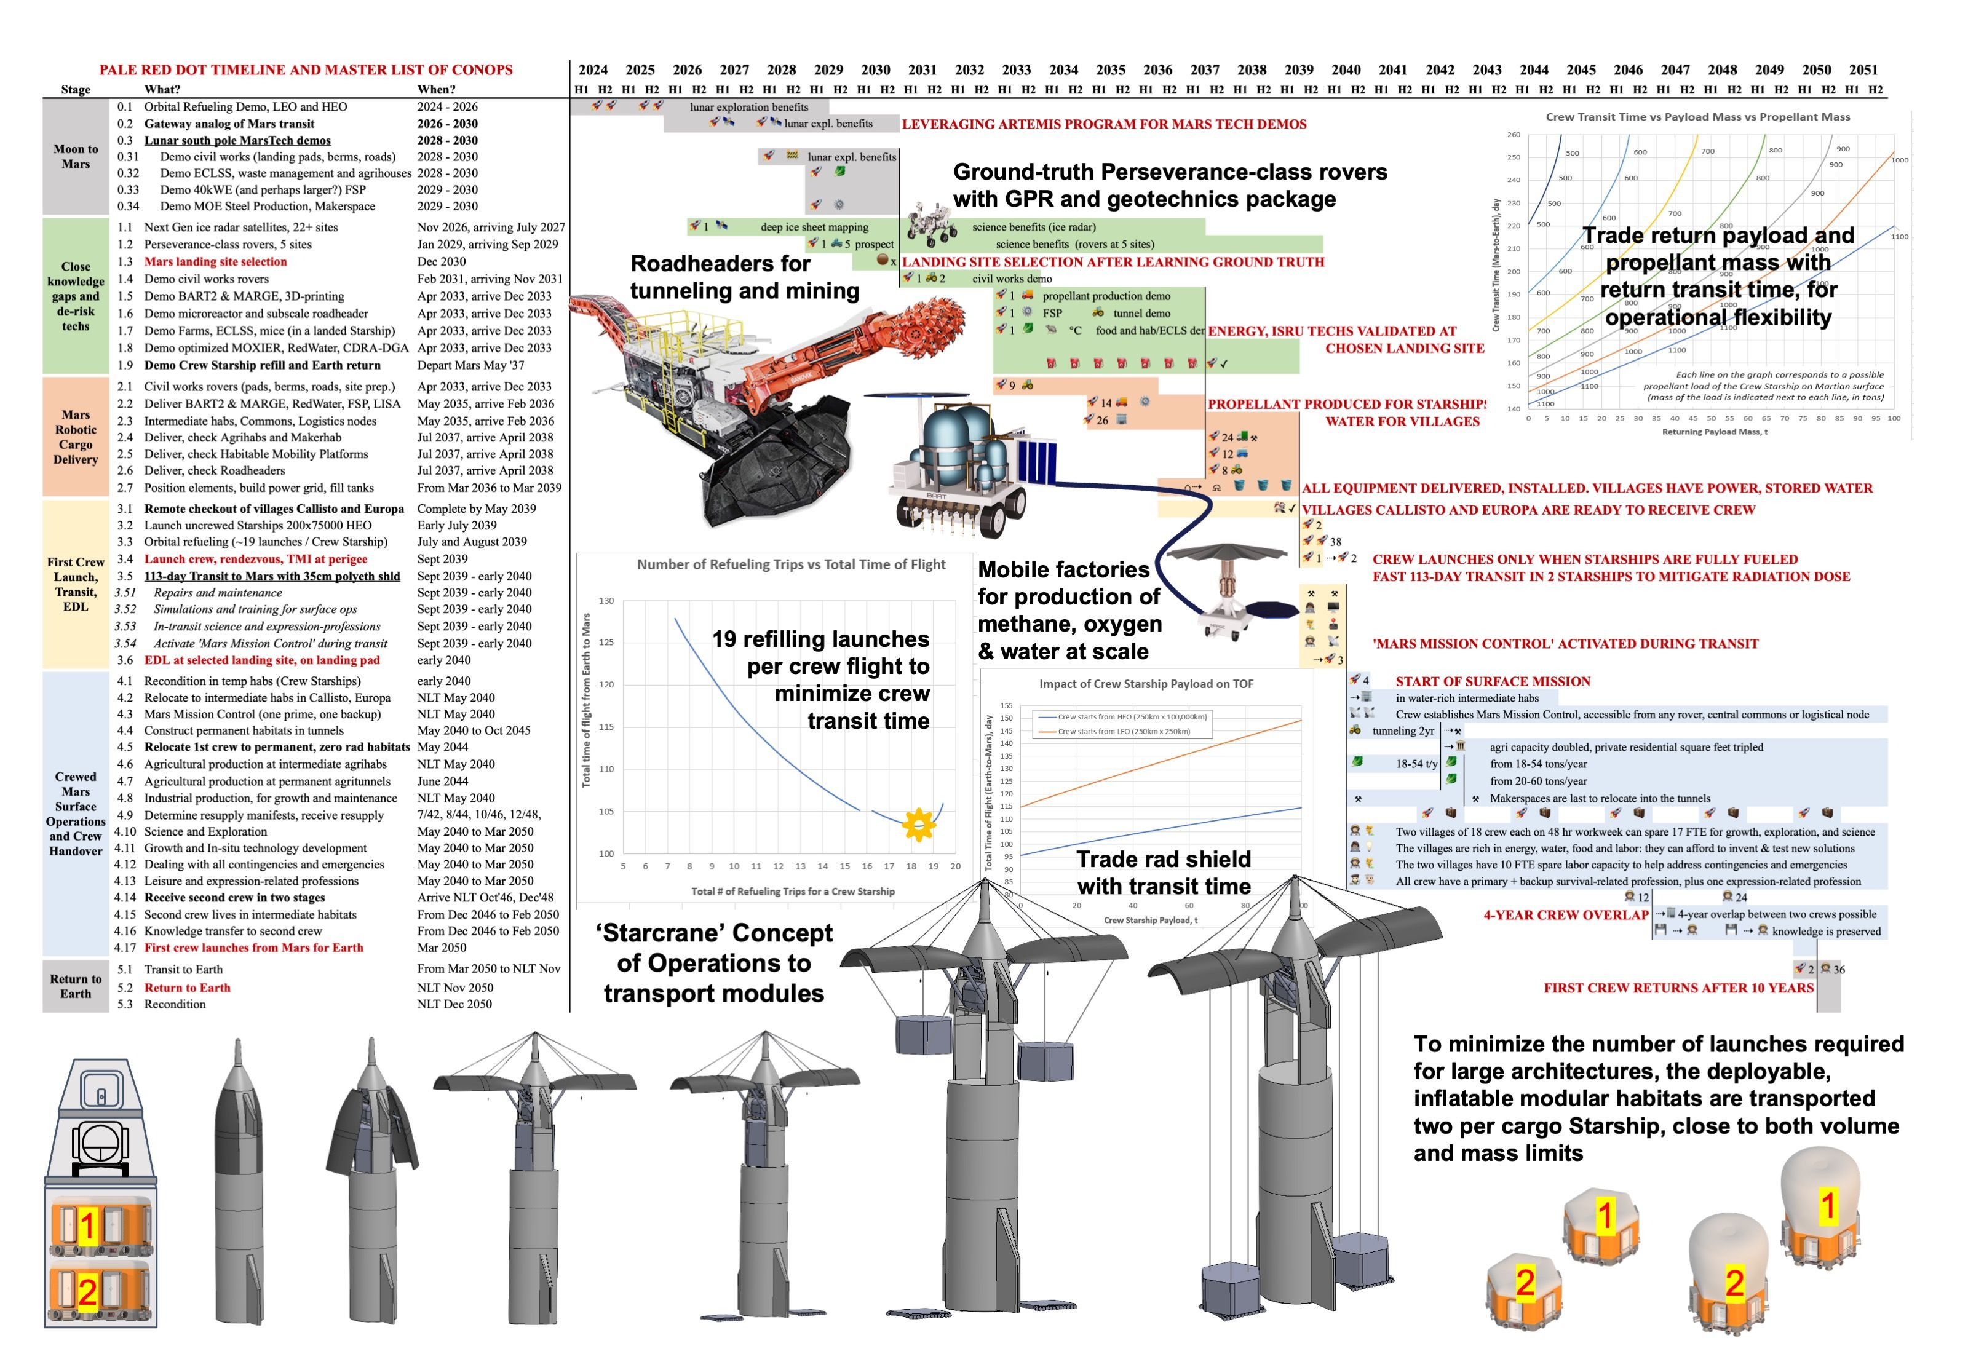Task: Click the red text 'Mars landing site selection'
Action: [215, 262]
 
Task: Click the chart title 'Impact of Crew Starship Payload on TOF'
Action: [1146, 684]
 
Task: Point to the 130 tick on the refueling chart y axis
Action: [606, 601]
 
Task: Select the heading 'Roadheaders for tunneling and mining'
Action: [744, 277]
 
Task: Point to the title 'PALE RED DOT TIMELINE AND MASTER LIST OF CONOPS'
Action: [306, 70]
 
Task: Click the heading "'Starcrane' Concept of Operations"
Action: [713, 962]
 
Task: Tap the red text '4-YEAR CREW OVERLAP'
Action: [1565, 915]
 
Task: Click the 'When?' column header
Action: [436, 90]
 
